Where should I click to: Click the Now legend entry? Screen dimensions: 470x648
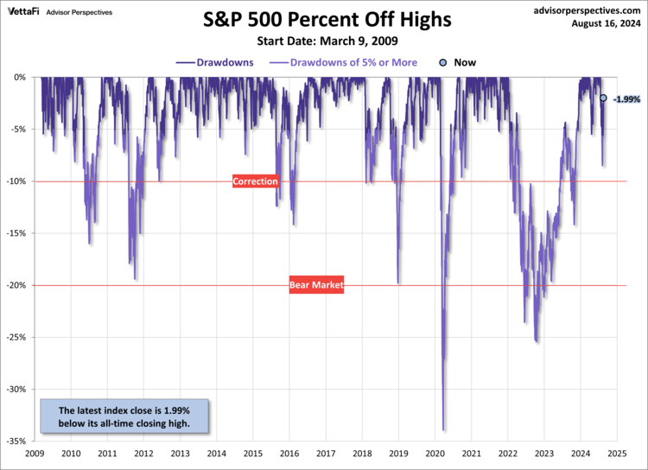[x=458, y=62]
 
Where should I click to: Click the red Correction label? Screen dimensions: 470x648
[x=256, y=181]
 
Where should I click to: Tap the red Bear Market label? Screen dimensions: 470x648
[x=316, y=285]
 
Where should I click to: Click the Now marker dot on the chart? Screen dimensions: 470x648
[x=603, y=98]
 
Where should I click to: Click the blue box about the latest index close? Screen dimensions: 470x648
[x=125, y=416]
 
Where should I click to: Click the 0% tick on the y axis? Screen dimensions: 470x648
[x=20, y=77]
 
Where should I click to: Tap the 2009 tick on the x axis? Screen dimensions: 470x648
[x=35, y=453]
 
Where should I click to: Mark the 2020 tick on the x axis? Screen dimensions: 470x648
[x=435, y=453]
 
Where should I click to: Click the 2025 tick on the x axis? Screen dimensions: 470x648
[x=617, y=453]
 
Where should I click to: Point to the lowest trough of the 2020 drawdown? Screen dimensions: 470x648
[x=443, y=429]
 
